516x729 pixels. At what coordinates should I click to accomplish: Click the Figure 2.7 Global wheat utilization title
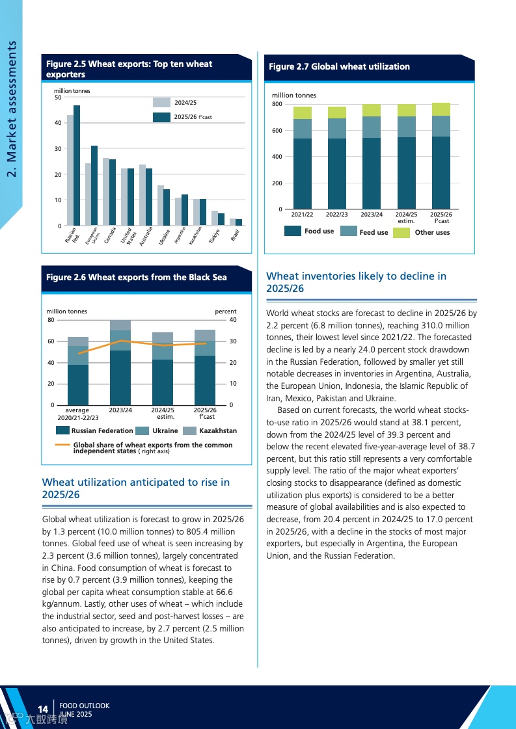coord(339,66)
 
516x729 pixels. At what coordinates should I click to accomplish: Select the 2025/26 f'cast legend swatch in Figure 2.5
coord(161,117)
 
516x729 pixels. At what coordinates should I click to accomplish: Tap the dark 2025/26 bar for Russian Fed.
coord(77,166)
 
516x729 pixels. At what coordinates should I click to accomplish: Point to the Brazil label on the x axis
coord(236,235)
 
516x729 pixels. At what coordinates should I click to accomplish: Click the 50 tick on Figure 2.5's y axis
coord(58,98)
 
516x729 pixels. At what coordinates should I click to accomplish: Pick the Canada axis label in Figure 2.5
coord(109,235)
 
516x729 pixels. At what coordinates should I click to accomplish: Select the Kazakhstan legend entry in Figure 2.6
coord(218,431)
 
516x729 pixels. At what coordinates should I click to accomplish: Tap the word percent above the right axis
coord(226,311)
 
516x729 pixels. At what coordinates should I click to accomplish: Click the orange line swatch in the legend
coord(62,445)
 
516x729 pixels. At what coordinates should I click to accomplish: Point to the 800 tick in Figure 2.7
coord(277,105)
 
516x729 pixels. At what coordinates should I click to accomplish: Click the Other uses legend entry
coord(432,232)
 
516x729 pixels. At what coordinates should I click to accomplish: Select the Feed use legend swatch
coord(349,232)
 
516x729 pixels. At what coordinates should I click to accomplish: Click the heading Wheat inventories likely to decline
coord(357,282)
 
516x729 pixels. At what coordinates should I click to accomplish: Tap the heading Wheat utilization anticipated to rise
coord(135,488)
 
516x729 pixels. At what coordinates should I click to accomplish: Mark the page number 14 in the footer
coord(44,709)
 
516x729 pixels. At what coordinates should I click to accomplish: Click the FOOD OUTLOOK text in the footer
coord(84,706)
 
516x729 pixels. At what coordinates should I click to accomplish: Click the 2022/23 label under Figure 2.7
coord(336,214)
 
